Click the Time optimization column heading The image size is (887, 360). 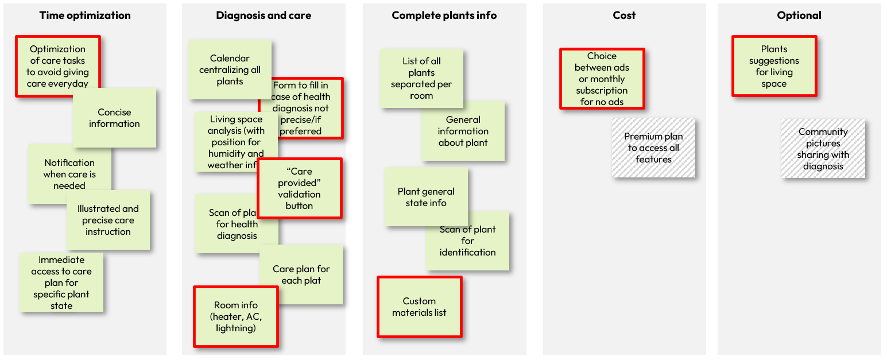(85, 16)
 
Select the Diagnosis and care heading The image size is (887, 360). (264, 16)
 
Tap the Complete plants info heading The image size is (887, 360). (444, 16)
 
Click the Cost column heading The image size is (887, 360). (624, 16)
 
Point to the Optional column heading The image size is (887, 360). (799, 16)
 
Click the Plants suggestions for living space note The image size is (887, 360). (774, 67)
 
